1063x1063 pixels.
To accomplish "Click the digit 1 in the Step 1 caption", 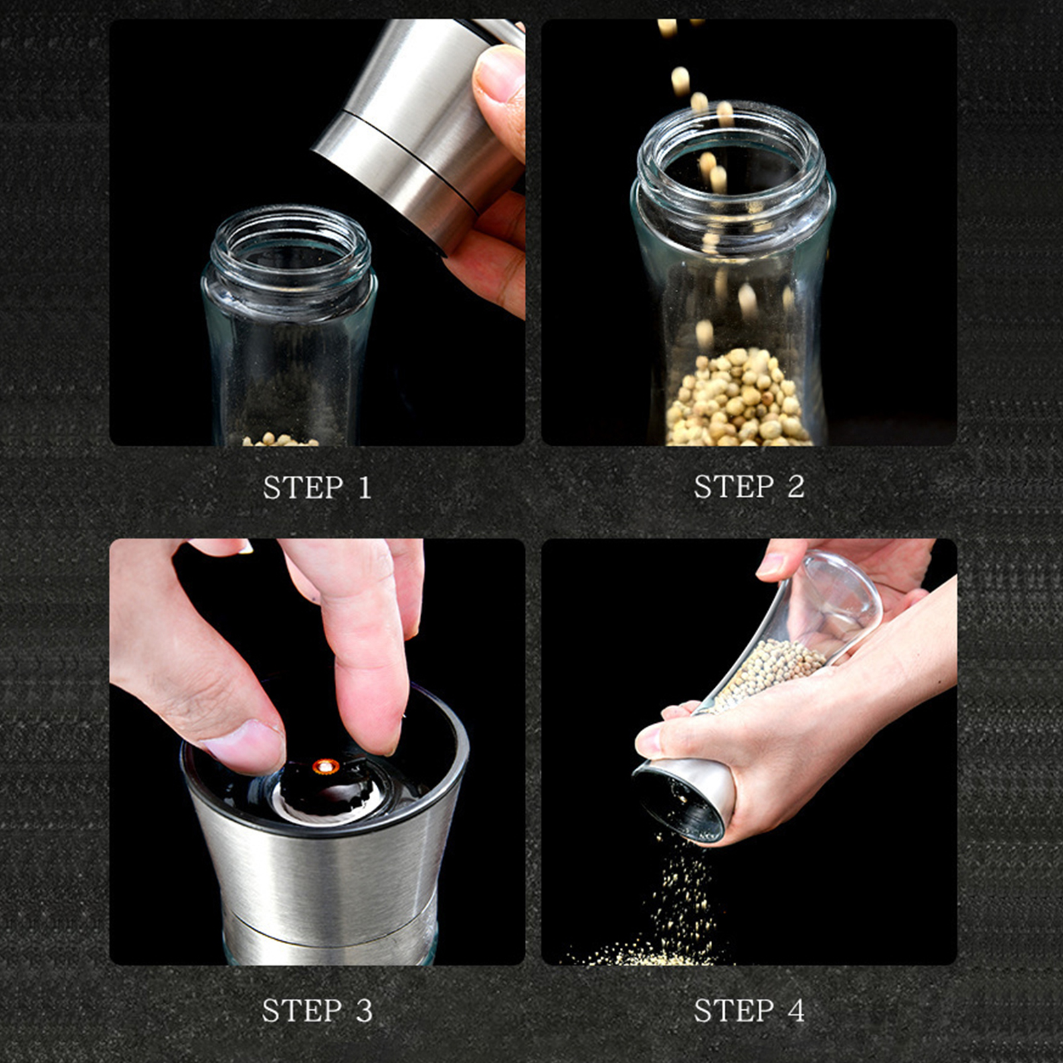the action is [364, 488].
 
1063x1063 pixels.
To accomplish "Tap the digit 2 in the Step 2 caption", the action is [795, 487].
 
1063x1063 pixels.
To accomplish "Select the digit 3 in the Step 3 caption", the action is [364, 1011].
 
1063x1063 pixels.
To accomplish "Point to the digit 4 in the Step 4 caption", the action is [796, 1011].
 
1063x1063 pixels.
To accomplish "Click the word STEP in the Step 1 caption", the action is [303, 488].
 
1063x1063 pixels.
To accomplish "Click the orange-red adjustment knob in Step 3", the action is [326, 767].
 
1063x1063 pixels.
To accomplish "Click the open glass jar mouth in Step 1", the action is [290, 242].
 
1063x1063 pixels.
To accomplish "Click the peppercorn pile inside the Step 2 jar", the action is [737, 399].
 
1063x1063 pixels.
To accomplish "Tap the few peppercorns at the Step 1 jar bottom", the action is [279, 439].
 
